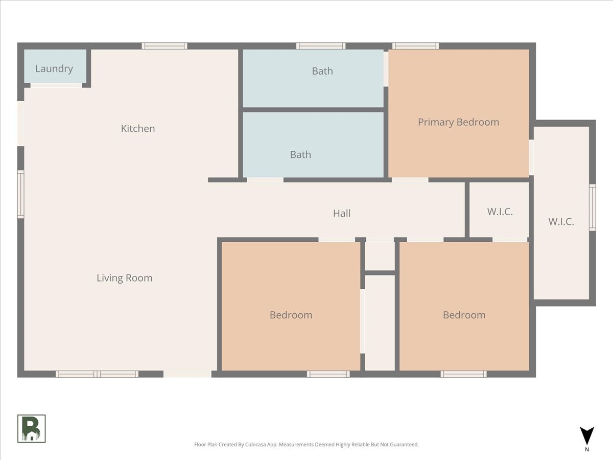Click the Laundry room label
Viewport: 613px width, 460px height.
click(x=54, y=68)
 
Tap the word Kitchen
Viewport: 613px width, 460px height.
click(x=137, y=128)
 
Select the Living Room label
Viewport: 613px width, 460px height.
click(x=124, y=278)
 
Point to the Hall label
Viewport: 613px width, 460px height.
click(x=342, y=213)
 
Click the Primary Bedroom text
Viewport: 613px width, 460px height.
click(x=458, y=122)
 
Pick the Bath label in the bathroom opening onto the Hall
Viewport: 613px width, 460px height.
click(x=300, y=154)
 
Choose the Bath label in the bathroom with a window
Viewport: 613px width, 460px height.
click(x=322, y=71)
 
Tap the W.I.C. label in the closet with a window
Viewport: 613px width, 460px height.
click(x=561, y=222)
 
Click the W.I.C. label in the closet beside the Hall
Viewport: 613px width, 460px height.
click(x=500, y=212)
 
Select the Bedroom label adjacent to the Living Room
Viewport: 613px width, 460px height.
click(x=291, y=315)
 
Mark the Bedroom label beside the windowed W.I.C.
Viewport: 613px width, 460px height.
click(x=464, y=315)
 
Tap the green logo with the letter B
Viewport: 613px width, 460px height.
click(x=32, y=428)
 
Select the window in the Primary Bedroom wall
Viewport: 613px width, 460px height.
click(x=415, y=46)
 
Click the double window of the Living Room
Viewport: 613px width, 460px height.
click(x=97, y=374)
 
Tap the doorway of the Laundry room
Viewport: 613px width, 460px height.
click(x=56, y=85)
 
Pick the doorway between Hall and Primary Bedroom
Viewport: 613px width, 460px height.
click(x=410, y=180)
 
